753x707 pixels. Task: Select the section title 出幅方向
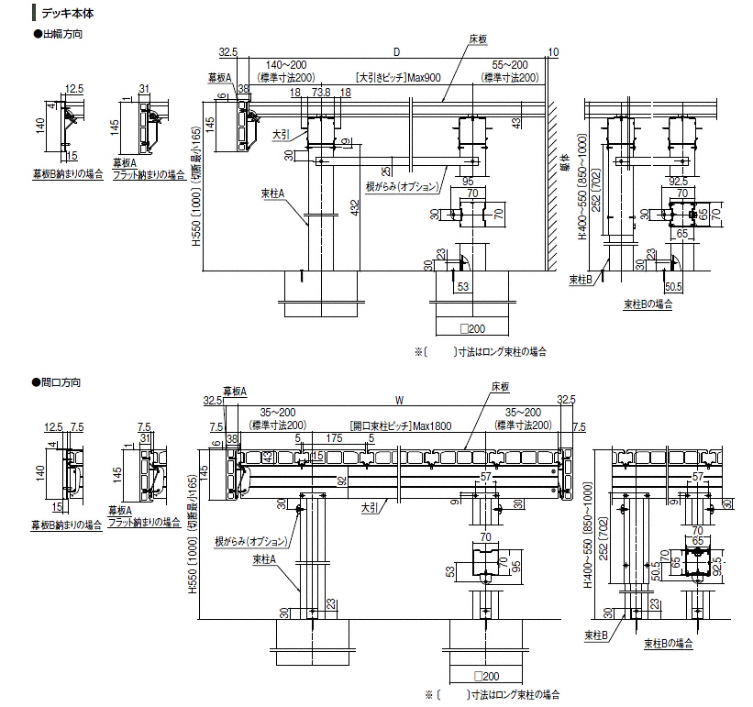[61, 35]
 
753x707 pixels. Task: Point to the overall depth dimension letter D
[396, 51]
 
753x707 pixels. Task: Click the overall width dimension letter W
[399, 400]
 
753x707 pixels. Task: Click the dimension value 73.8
[321, 93]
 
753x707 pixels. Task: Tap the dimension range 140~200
[286, 66]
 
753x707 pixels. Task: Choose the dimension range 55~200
[510, 66]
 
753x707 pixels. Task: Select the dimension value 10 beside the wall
[552, 51]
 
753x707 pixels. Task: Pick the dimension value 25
[389, 170]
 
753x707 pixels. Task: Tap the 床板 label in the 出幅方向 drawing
[477, 39]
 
